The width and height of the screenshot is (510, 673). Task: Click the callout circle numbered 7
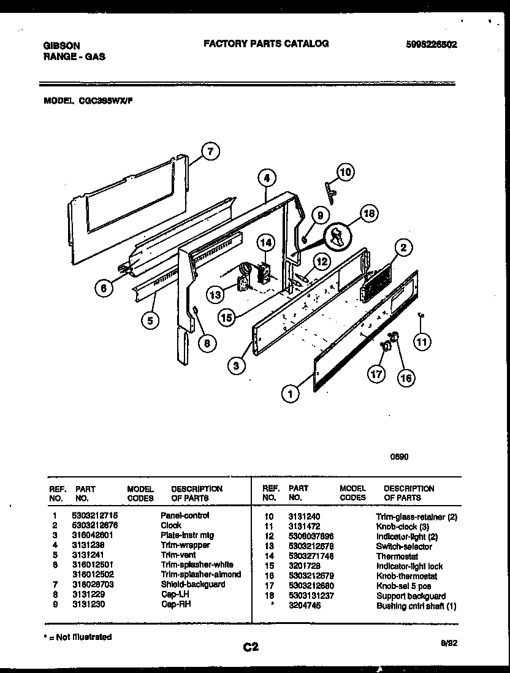tap(210, 151)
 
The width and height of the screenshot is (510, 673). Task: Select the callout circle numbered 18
tap(368, 214)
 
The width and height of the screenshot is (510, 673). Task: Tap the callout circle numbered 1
tap(291, 394)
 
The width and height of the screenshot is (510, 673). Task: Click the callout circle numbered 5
tap(150, 319)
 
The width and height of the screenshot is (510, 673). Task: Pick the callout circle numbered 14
tap(265, 242)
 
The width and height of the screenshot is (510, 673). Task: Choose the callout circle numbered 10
tap(345, 172)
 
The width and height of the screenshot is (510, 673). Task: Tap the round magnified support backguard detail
tap(337, 237)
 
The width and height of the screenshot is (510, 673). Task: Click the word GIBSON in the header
tap(62, 45)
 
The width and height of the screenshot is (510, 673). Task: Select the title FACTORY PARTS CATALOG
tap(265, 44)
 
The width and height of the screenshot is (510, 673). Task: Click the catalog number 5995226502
tap(432, 45)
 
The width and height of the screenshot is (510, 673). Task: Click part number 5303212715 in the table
tap(96, 515)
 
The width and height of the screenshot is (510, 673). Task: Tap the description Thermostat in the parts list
tap(397, 557)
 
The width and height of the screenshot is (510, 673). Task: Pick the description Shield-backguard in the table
tap(192, 584)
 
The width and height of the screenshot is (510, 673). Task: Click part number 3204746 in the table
tap(304, 606)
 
